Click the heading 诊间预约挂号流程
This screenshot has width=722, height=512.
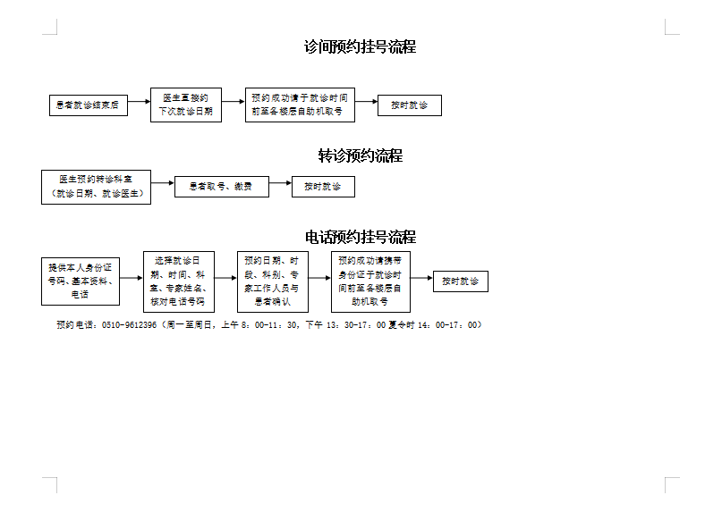tap(360, 47)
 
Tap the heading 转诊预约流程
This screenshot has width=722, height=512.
tap(360, 156)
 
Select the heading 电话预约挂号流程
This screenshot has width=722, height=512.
tap(360, 238)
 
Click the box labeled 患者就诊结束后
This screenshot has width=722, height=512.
tap(88, 105)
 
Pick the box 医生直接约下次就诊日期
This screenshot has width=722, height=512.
tap(185, 105)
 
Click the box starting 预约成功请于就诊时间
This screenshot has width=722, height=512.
tap(300, 105)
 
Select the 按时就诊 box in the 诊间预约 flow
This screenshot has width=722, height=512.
tap(409, 105)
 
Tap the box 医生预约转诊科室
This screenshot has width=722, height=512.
tap(96, 187)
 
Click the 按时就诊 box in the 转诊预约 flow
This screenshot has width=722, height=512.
tap(323, 187)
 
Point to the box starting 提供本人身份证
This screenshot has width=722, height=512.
tap(81, 281)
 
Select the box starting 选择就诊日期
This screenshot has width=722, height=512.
tap(179, 281)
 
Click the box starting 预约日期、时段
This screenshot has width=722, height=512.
tap(272, 281)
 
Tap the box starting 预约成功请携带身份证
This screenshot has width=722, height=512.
tap(369, 281)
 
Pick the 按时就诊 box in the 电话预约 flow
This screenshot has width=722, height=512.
tap(461, 281)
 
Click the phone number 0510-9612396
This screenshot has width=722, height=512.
tap(130, 325)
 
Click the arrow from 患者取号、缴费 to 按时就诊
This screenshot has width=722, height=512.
tap(280, 187)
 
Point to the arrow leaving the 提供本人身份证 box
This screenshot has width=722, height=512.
tap(132, 278)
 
